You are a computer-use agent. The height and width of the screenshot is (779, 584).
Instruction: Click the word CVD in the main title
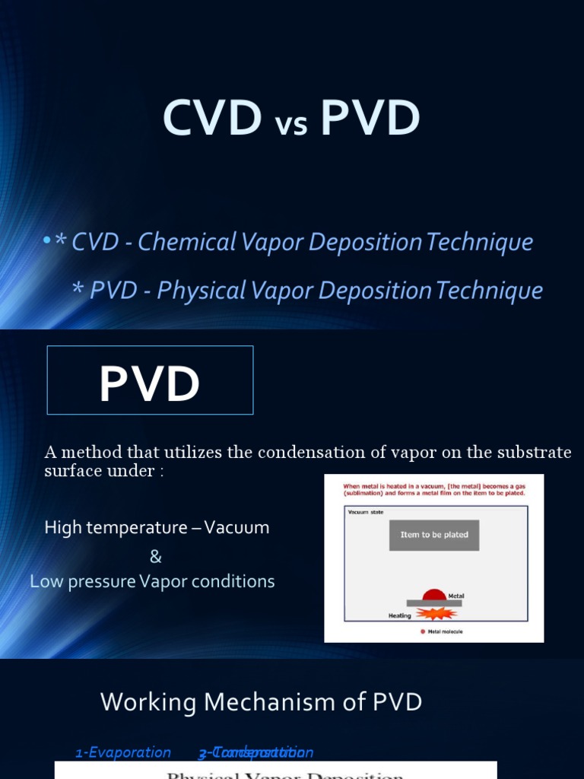[x=212, y=119]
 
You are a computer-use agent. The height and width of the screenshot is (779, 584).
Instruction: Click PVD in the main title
[x=370, y=119]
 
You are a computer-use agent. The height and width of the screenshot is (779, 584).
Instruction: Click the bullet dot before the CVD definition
[x=47, y=241]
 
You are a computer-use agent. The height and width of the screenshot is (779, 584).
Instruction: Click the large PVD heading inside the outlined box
[x=150, y=383]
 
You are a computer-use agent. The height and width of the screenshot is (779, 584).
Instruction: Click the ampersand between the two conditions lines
[x=156, y=557]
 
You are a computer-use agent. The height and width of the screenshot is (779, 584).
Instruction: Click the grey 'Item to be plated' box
[x=434, y=535]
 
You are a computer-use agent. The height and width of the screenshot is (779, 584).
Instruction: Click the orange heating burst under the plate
[x=434, y=613]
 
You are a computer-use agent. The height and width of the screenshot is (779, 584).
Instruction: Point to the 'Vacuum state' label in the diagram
[x=363, y=512]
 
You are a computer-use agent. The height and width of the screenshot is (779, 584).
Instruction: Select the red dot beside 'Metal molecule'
[x=423, y=631]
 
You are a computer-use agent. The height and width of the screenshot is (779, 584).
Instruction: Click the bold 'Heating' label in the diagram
[x=399, y=615]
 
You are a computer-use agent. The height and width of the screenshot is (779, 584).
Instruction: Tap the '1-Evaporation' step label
[x=123, y=753]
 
